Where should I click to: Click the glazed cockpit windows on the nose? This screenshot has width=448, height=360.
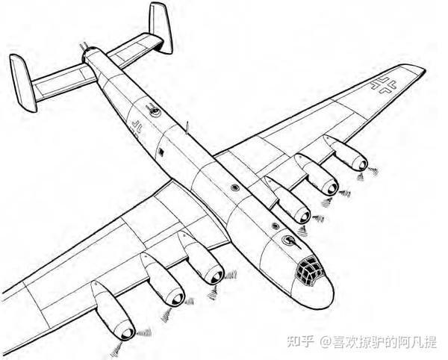[309, 270]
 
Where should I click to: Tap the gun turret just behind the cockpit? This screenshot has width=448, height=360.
[290, 240]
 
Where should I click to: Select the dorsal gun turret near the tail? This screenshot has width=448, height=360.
[155, 111]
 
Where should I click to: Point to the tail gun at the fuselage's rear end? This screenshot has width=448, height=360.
[84, 47]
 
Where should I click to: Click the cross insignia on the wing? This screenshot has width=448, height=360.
[384, 85]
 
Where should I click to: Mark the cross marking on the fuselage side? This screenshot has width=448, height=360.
[137, 126]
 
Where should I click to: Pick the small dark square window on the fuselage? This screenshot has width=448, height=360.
[162, 153]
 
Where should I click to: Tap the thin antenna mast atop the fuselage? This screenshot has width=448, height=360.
[187, 128]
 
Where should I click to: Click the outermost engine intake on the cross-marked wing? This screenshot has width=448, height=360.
[362, 165]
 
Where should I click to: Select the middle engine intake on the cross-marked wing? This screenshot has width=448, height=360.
[332, 188]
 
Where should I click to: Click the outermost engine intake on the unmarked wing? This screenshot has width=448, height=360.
[128, 332]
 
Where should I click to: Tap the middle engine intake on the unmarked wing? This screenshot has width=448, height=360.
[178, 299]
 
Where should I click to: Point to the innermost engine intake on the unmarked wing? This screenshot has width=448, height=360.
[217, 276]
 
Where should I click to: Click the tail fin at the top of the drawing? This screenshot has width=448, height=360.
[161, 28]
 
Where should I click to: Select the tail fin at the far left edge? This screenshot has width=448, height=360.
[23, 83]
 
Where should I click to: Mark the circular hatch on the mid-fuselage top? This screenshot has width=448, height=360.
[235, 187]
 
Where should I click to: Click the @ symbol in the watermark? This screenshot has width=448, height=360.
[326, 342]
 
